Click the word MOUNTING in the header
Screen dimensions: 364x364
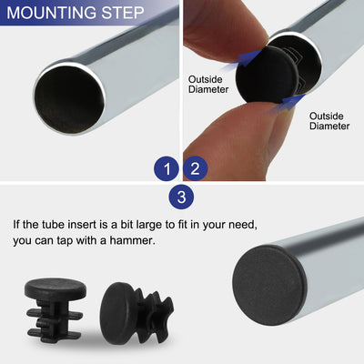tap(51, 14)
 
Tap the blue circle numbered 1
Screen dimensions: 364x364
tap(165, 168)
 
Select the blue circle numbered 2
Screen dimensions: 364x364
tap(196, 168)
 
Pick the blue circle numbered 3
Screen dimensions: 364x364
tap(181, 197)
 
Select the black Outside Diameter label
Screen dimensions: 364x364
tap(329, 121)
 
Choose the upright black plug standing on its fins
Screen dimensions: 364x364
tap(56, 305)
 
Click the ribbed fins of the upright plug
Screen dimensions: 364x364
tap(56, 319)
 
